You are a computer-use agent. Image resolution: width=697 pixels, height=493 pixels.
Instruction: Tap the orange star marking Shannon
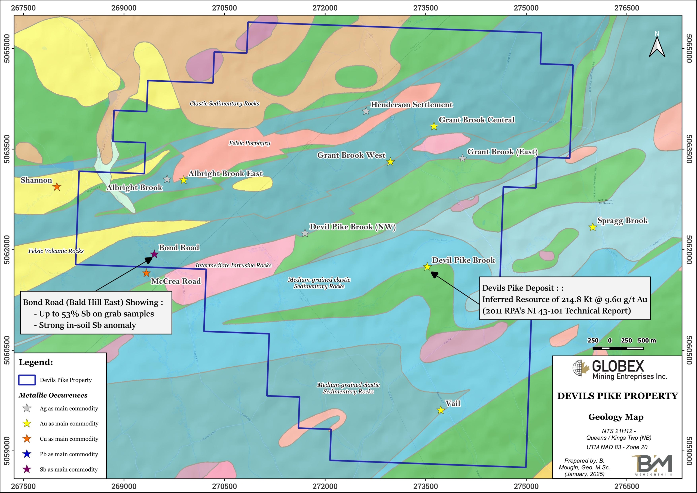tap(57, 187)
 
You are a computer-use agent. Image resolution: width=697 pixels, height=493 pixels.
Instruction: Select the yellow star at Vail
tap(441, 410)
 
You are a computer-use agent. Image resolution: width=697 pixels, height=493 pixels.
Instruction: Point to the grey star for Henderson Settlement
tap(366, 111)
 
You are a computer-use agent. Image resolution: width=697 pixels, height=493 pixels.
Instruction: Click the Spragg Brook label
tap(622, 221)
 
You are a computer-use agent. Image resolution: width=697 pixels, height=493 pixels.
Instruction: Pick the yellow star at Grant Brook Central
tap(434, 126)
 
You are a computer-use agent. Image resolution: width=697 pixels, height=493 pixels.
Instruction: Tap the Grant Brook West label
tap(351, 155)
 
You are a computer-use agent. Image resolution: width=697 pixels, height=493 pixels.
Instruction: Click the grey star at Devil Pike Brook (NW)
tap(305, 233)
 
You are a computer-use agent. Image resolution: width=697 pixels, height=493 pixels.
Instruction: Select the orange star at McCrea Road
tap(146, 273)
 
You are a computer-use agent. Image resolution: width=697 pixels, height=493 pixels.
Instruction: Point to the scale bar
tap(618, 348)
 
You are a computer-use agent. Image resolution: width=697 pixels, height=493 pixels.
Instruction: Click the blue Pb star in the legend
tap(27, 454)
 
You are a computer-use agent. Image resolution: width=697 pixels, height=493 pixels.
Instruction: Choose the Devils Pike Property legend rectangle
tap(27, 380)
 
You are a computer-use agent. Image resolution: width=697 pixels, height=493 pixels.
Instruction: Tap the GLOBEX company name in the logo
tap(618, 366)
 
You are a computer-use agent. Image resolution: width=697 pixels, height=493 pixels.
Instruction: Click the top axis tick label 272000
tap(325, 8)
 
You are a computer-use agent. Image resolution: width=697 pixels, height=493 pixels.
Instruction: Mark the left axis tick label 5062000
tap(7, 250)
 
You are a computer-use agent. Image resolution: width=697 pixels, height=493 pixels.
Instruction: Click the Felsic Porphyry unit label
tap(249, 143)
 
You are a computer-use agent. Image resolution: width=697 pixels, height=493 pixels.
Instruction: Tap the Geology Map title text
tap(616, 417)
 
